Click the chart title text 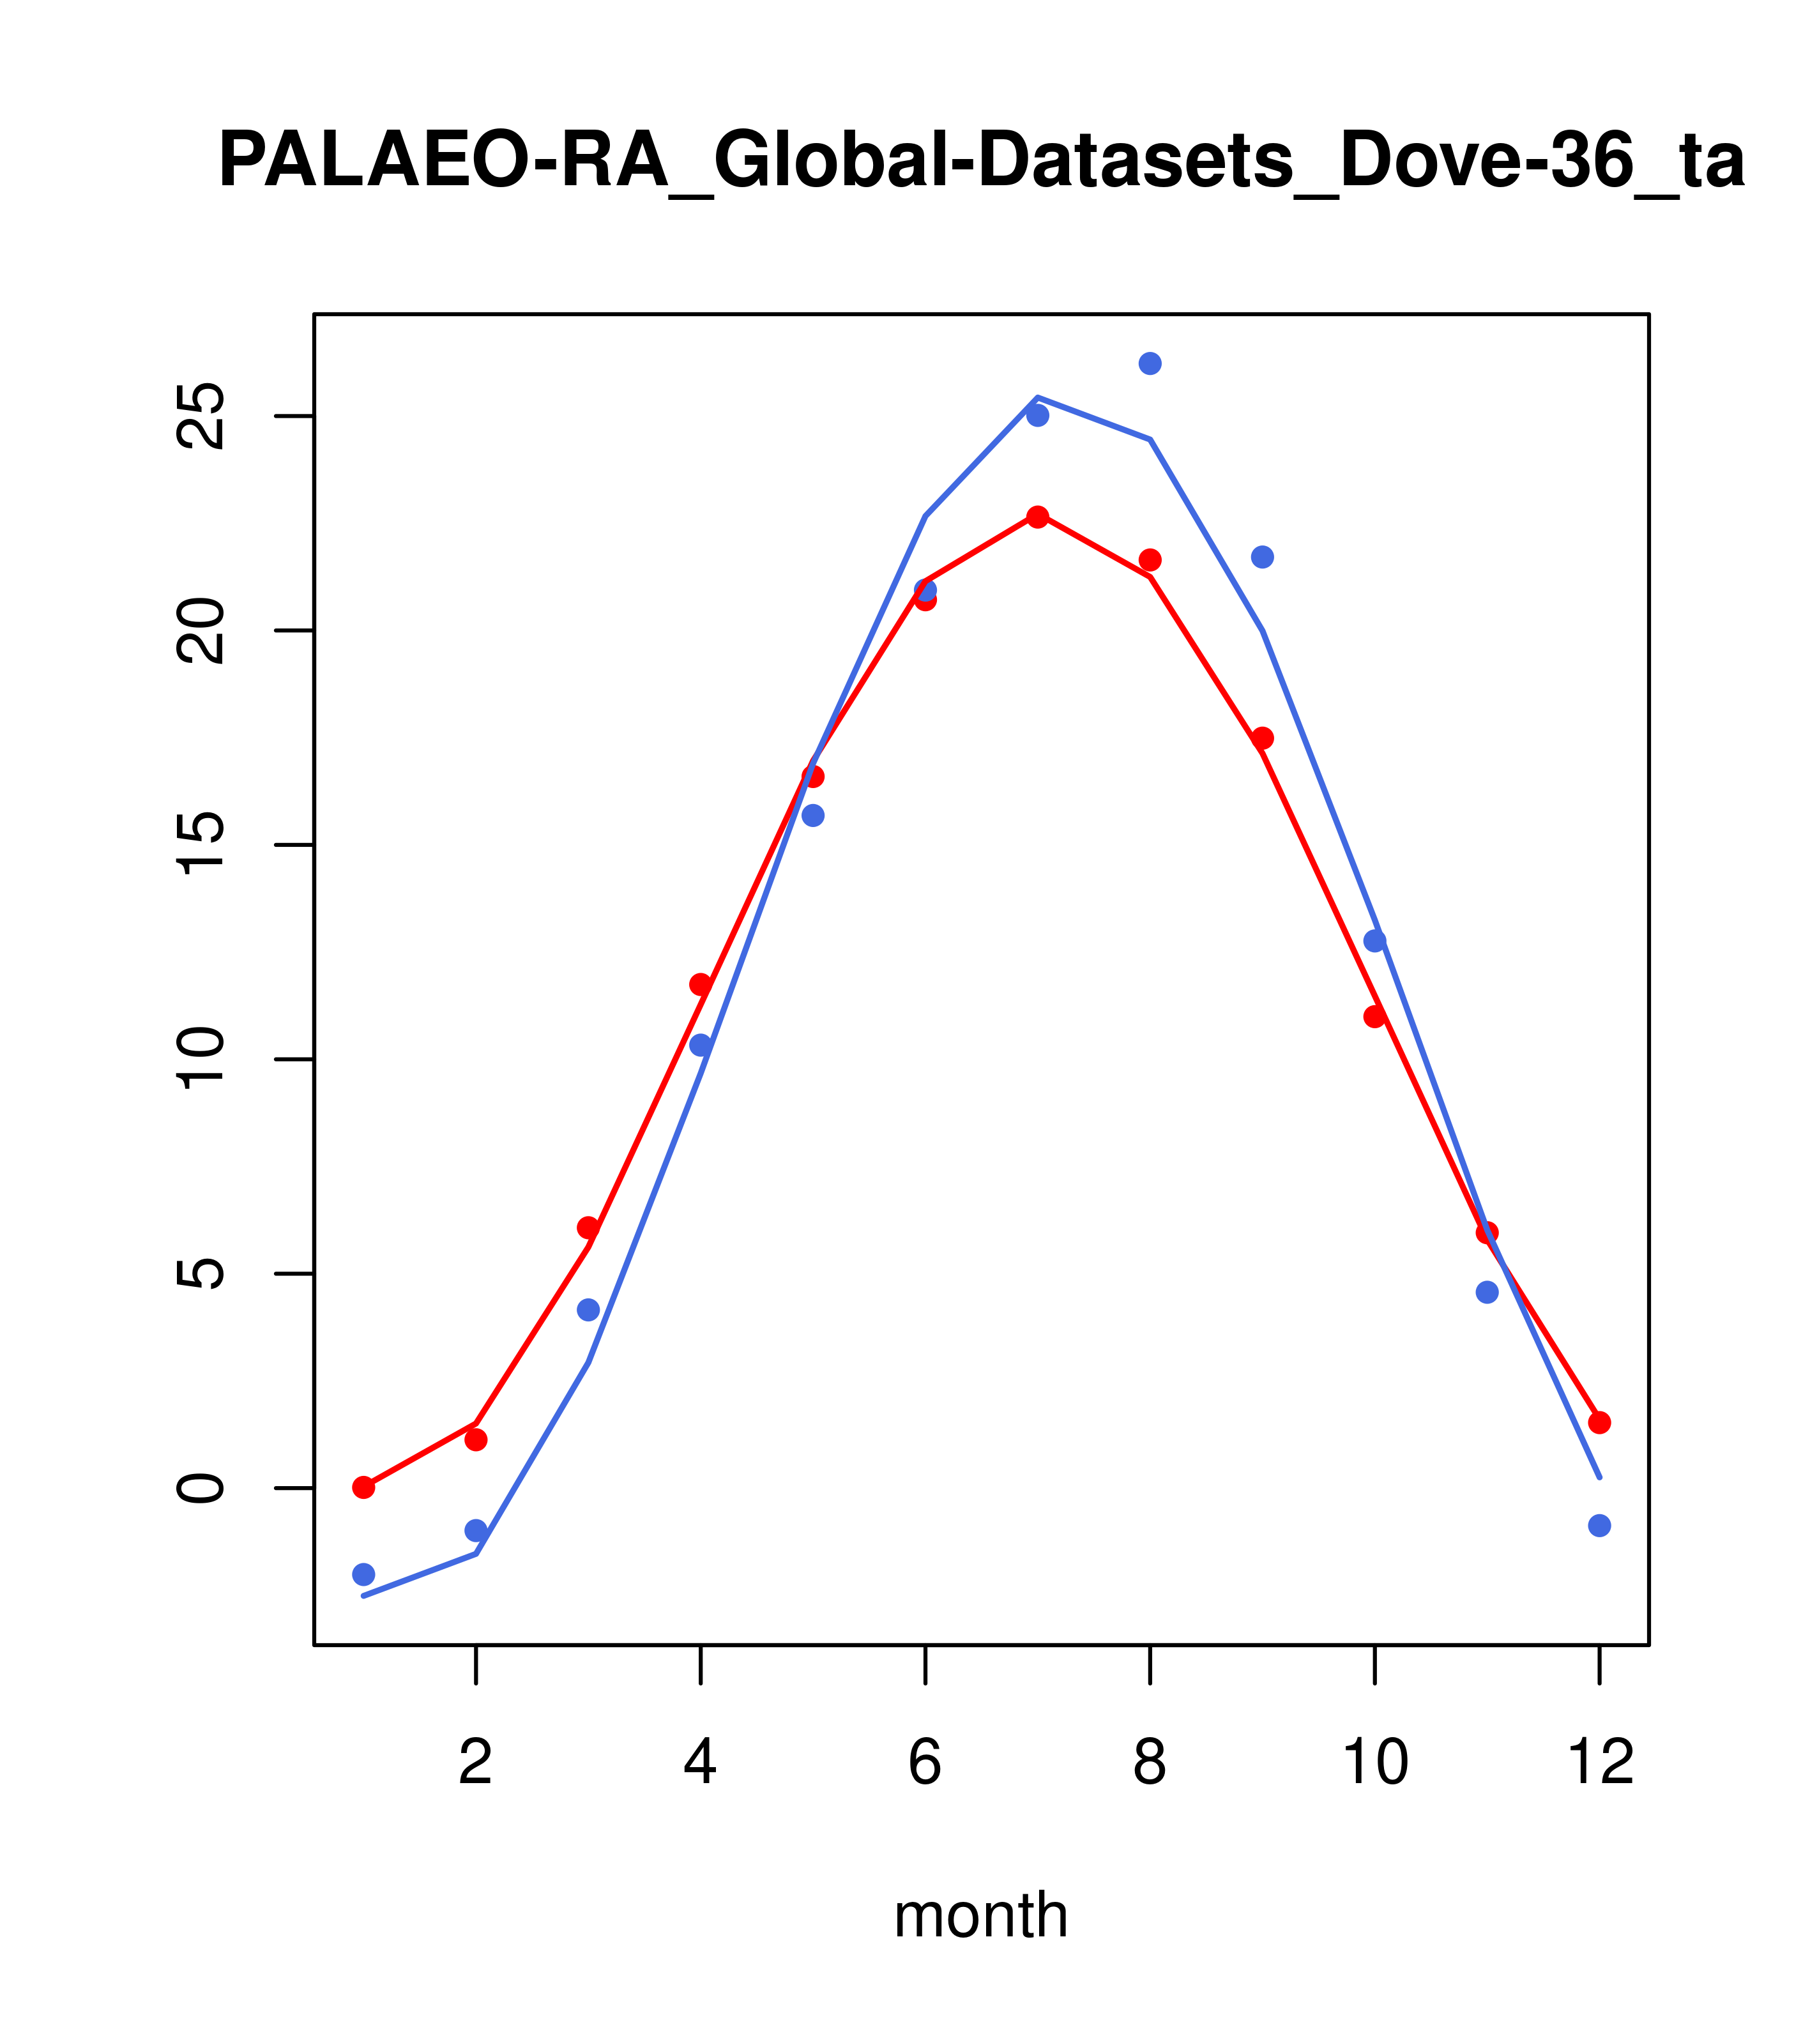[981, 162]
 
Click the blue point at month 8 [1150, 363]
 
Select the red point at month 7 [1038, 517]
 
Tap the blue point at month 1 [363, 1574]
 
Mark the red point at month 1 [363, 1487]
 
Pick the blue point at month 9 [1262, 557]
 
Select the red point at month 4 [700, 984]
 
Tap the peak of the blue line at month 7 [1038, 397]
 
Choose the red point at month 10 [1374, 1016]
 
